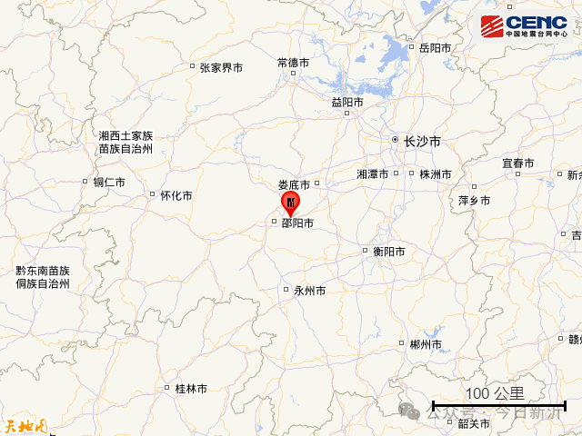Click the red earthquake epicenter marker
(289, 201)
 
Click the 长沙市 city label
(422, 142)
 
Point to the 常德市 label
(293, 63)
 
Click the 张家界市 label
(221, 68)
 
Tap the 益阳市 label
(347, 103)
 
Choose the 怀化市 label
(176, 195)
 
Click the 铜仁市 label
(109, 182)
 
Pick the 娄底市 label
(294, 184)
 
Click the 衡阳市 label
(387, 252)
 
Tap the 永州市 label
(309, 292)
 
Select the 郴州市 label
(426, 344)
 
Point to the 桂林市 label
(191, 389)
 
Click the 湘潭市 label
(373, 173)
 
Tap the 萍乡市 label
(474, 200)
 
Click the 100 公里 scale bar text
(495, 393)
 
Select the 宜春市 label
(518, 163)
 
